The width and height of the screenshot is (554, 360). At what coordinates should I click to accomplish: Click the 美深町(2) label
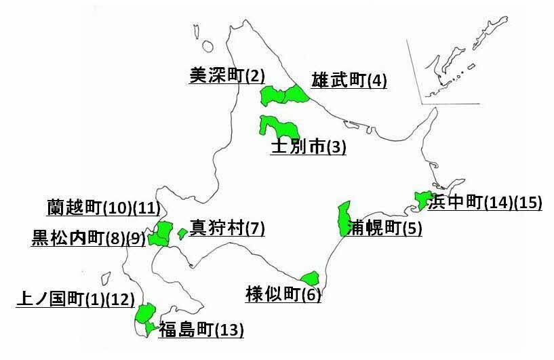(x=226, y=75)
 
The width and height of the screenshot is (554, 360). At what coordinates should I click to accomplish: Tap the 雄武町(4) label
(x=349, y=81)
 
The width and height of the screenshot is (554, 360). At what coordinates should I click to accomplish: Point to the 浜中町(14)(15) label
(x=484, y=202)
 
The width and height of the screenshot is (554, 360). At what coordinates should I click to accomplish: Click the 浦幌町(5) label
(x=384, y=228)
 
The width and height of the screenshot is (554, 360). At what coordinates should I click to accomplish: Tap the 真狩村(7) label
(x=226, y=228)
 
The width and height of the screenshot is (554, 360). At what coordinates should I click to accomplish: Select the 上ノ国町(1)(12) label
(x=75, y=299)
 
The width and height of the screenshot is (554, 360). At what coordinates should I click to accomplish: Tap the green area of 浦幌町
(x=344, y=218)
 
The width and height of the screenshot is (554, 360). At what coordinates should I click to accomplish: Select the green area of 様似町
(x=310, y=278)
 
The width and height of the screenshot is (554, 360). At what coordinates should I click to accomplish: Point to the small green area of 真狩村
(x=182, y=233)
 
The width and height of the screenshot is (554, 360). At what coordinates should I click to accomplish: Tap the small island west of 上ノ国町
(x=105, y=278)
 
